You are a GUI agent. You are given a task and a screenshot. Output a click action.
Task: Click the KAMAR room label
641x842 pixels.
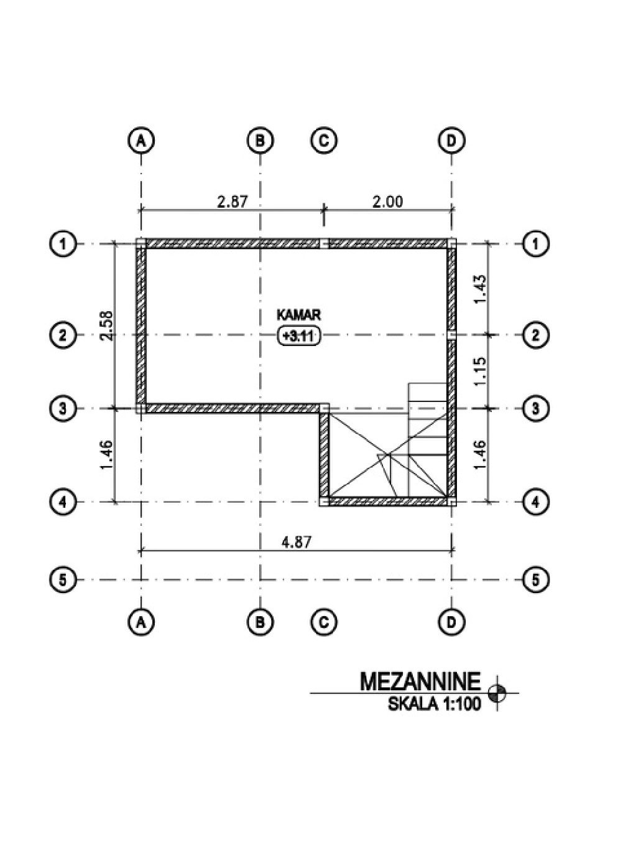298,315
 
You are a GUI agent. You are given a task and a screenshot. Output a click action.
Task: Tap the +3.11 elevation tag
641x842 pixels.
298,336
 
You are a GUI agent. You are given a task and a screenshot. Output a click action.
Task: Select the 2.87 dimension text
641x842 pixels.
233,202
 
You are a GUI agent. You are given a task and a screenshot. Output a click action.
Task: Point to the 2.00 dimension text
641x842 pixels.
388,202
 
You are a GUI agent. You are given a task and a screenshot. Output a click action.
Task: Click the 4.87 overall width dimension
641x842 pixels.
296,542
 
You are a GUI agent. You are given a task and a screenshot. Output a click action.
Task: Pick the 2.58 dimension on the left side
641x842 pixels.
107,325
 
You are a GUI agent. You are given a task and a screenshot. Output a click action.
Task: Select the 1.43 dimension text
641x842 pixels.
480,289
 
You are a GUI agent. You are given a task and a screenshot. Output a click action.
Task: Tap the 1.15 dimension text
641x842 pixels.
480,372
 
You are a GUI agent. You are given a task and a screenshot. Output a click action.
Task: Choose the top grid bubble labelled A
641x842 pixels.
141,141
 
